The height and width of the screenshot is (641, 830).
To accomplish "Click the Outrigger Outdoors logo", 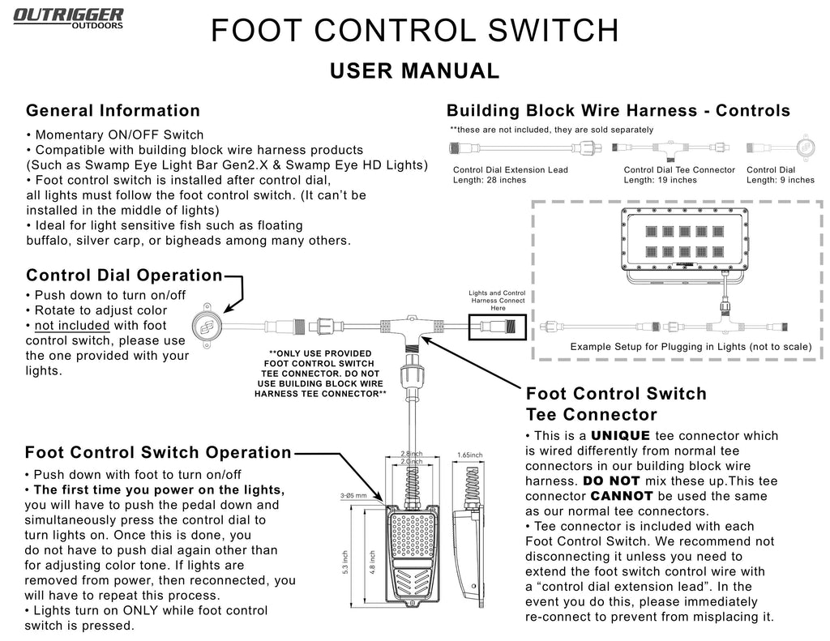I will point(68,17).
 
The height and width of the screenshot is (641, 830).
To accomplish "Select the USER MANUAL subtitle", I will point(415,71).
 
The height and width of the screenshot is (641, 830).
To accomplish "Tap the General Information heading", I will point(113,111).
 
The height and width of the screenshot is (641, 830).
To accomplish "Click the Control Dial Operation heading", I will point(123,276).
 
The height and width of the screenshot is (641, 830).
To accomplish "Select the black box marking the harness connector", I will point(498,327).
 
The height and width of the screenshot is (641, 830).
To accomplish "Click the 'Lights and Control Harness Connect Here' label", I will point(498,300).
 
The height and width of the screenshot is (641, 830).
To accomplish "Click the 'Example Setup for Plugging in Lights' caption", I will point(691,347).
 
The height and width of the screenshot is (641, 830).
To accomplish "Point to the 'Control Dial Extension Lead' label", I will point(510,170).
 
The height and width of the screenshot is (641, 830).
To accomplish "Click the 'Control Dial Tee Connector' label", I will point(679,170).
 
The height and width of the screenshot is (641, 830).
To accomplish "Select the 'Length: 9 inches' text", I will point(780,180).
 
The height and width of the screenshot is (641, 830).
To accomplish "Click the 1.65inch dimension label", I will point(470,455).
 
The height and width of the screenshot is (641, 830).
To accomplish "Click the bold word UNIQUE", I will point(620,436).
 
